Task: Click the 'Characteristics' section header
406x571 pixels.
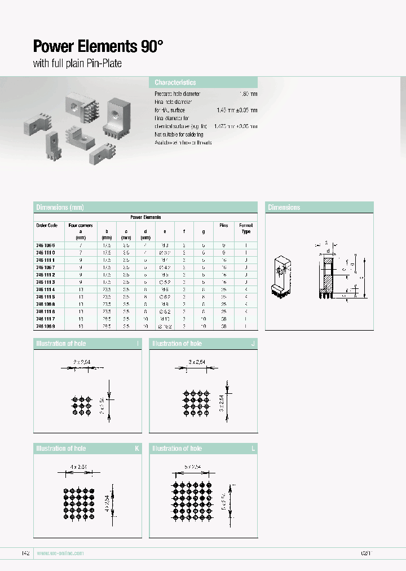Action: [175, 82]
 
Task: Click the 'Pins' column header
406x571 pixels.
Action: [224, 225]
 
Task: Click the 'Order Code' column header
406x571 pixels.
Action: [47, 225]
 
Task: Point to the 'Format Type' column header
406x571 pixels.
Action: [246, 229]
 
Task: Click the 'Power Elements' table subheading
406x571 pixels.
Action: [145, 217]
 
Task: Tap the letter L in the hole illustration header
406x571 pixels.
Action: [253, 449]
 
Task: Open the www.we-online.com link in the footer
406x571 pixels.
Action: [60, 553]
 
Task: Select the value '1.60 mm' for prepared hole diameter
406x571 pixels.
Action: [249, 94]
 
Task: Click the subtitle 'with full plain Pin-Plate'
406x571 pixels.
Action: [77, 64]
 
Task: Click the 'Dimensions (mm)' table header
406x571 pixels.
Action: [60, 208]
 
